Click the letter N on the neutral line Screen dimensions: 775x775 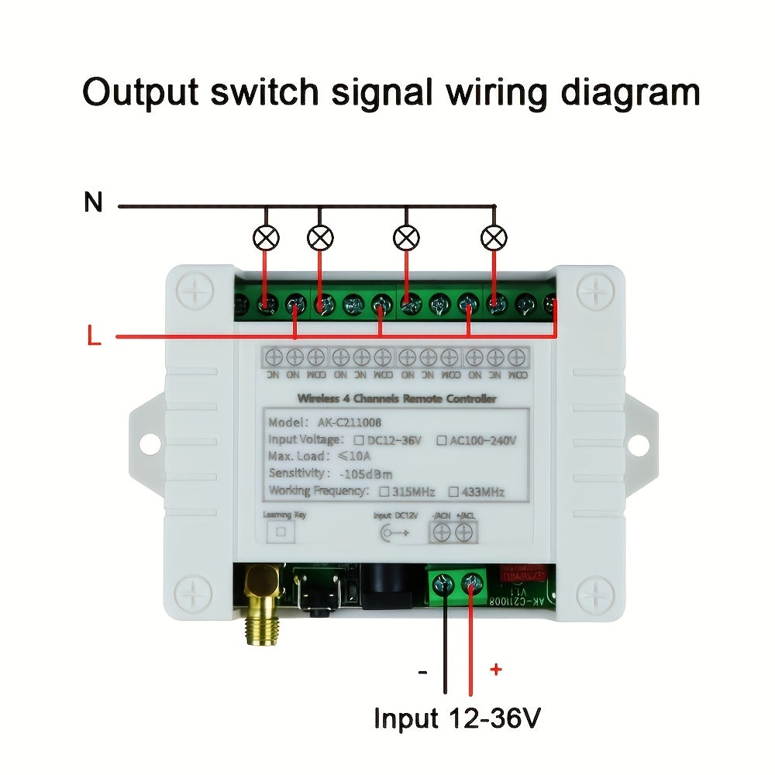(x=93, y=203)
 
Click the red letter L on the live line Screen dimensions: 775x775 (x=94, y=337)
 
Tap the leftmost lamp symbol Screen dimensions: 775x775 (x=267, y=237)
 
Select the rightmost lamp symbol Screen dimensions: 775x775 (x=494, y=237)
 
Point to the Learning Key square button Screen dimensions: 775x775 (x=281, y=532)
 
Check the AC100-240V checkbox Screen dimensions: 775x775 (x=442, y=440)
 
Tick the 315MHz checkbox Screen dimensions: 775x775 (x=384, y=491)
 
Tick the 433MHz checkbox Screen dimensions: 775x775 (x=456, y=491)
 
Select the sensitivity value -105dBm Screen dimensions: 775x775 (x=366, y=474)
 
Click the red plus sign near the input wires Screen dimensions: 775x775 (x=496, y=670)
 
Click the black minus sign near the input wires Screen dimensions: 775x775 (x=422, y=672)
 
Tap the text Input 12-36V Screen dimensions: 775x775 (x=456, y=718)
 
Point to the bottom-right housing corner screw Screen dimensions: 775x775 (x=595, y=595)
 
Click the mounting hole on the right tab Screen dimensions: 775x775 (x=637, y=444)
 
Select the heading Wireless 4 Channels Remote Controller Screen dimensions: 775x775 (x=397, y=398)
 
